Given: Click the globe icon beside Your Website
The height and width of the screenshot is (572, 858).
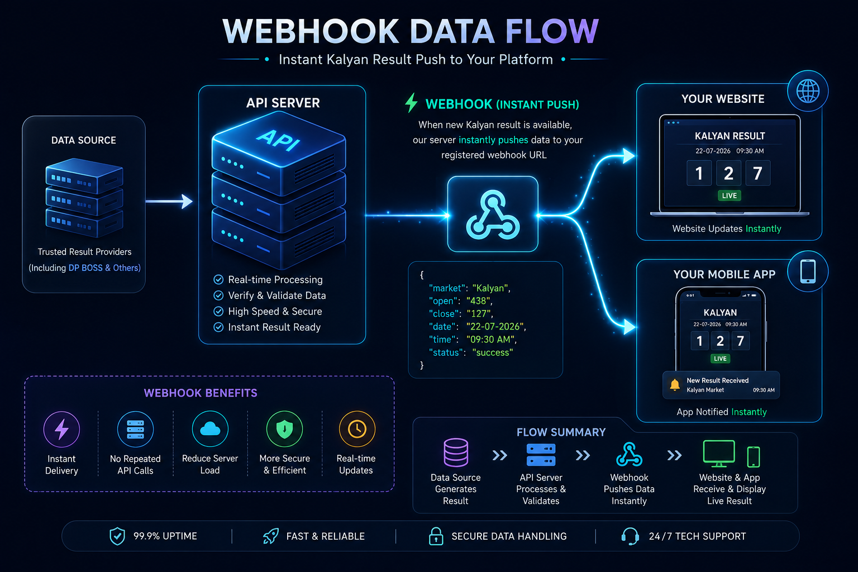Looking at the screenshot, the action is pos(808,91).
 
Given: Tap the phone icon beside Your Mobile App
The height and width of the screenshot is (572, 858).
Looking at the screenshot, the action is pos(808,271).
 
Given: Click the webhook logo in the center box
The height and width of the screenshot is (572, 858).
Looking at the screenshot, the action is pos(493,215).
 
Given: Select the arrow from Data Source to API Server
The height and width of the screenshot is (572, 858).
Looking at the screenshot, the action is pos(169,201).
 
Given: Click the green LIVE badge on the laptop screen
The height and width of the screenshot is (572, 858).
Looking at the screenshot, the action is pos(730,196).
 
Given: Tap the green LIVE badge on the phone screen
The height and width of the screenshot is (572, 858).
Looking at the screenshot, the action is pos(720,359).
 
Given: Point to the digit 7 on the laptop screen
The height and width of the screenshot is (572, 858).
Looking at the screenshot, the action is pos(757,173).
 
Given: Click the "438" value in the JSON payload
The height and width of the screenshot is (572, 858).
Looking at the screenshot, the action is pos(478,301).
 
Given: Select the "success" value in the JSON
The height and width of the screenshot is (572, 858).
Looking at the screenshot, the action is pos(493,352).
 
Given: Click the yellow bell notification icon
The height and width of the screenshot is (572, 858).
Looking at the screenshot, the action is pos(675,384).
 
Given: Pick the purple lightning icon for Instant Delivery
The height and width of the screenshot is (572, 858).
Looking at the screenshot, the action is pos(61,429).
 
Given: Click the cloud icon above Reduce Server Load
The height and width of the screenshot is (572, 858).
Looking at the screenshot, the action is pos(210,428).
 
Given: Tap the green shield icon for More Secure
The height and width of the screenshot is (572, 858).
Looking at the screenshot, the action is pos(284,428).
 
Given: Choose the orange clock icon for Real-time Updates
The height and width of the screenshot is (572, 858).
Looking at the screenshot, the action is pos(357,428).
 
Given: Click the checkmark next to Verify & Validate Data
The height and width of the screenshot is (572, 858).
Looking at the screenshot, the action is pos(218,295).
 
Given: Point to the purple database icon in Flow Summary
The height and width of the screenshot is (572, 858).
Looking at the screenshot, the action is pos(456,452).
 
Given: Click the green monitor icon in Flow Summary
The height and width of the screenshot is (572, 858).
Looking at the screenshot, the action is pos(719,454).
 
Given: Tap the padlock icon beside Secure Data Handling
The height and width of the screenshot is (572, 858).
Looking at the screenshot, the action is pos(436,536).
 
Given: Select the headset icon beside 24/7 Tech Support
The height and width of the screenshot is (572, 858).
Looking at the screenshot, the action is pos(630,536).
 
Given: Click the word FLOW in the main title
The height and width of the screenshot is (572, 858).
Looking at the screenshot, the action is pos(552,31).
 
